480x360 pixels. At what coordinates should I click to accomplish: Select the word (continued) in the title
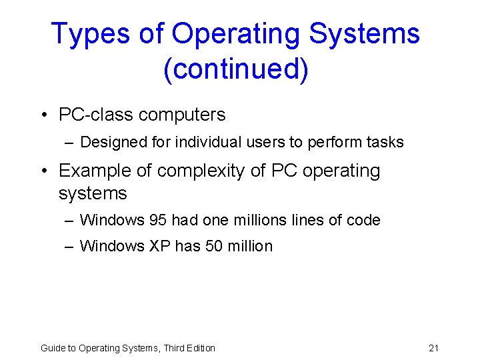236,69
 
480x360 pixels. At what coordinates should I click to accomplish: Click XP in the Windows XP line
160,246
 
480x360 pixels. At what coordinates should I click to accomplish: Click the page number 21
433,348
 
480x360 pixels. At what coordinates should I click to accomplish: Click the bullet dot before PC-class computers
43,115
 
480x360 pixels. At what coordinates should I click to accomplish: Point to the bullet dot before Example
43,171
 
